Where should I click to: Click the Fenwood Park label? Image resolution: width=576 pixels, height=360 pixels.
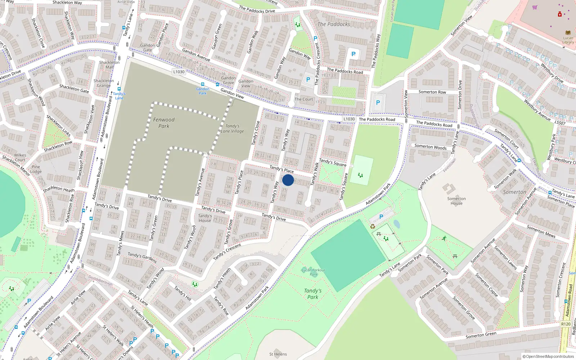click(164, 123)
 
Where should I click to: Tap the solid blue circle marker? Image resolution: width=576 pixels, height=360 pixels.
click(288, 180)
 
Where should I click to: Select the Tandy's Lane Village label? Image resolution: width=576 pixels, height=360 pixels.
click(232, 129)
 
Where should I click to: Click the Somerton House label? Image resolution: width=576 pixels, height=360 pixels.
click(456, 201)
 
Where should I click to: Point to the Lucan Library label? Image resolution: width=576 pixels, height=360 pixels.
click(568, 40)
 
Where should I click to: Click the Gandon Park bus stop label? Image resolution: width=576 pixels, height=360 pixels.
click(203, 91)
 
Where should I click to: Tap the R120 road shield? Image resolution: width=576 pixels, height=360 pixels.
click(566, 324)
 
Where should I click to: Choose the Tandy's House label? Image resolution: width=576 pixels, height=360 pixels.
click(205, 218)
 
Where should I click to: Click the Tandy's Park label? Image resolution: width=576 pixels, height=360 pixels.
click(312, 294)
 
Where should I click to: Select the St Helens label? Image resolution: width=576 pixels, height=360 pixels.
click(278, 354)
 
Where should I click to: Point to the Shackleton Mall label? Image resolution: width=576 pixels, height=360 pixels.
click(109, 65)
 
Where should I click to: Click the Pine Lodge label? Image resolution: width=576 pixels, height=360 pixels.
click(36, 169)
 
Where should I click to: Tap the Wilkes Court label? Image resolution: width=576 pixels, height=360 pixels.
click(20, 158)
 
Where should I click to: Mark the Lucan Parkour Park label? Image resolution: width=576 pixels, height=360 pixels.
click(314, 272)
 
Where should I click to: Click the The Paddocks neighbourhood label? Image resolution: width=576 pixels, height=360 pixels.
click(334, 24)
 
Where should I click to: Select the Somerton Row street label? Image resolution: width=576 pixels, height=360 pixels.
click(432, 92)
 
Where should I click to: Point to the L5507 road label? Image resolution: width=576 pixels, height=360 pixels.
click(560, 123)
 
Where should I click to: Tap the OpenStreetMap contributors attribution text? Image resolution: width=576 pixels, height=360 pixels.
click(548, 357)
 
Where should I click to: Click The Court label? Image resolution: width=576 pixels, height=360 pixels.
click(304, 99)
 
